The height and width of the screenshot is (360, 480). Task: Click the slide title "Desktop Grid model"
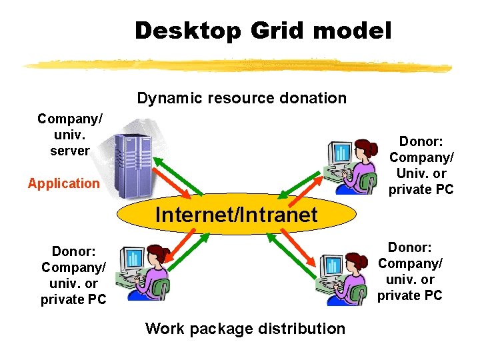click(x=263, y=31)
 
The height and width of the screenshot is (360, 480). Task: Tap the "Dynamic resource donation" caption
click(x=241, y=98)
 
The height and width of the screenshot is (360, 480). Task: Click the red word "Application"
click(x=63, y=183)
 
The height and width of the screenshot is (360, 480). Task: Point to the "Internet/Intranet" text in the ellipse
click(x=236, y=215)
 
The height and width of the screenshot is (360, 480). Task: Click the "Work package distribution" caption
click(x=245, y=329)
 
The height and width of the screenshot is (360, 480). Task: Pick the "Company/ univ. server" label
click(x=70, y=135)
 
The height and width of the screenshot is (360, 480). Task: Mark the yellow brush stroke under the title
click(x=237, y=65)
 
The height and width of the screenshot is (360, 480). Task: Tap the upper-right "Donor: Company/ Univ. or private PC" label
click(x=421, y=165)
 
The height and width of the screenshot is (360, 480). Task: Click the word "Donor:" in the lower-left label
click(x=73, y=251)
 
